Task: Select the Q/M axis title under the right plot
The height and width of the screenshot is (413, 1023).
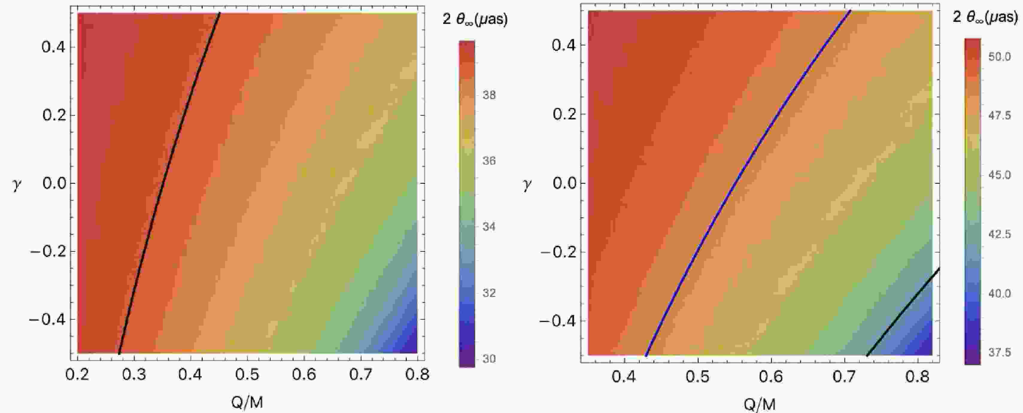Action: click(759, 404)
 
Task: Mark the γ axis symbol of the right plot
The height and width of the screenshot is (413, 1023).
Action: click(527, 185)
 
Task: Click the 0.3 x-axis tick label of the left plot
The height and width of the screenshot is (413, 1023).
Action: click(134, 374)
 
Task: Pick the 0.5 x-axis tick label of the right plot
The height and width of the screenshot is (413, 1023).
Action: click(698, 376)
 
